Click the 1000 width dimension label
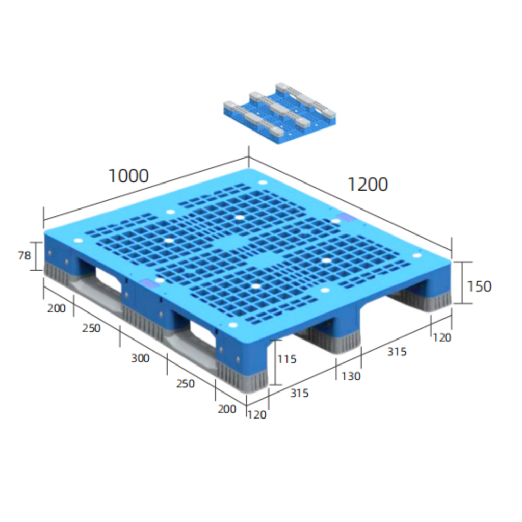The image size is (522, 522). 128,176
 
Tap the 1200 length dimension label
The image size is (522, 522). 368,184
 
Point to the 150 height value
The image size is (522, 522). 479,286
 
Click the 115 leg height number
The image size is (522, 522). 286,359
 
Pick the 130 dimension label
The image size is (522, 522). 351,376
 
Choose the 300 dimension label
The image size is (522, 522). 140,358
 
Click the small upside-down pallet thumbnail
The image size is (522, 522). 279,113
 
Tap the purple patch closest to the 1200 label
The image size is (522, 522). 347,218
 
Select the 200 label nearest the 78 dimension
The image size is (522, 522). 56,308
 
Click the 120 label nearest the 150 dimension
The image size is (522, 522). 441,337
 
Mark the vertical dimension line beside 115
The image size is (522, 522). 275,362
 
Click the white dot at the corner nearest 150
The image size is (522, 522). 417,255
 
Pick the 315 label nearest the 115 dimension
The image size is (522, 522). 300,393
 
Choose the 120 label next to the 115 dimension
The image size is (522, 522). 256,415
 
